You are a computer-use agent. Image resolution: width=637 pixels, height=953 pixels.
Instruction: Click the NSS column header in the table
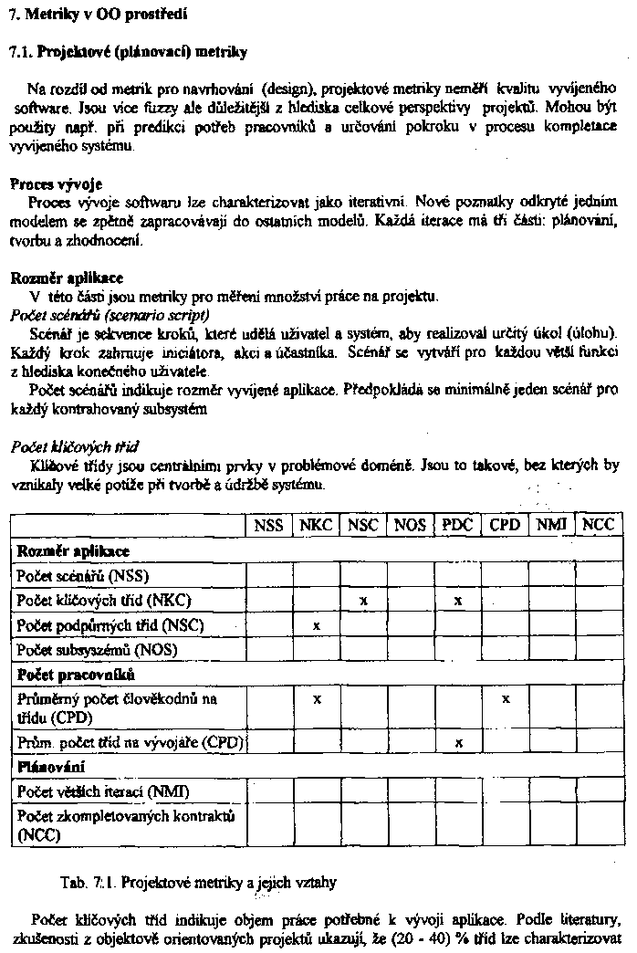[268, 526]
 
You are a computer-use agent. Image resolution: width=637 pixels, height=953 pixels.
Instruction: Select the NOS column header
[410, 526]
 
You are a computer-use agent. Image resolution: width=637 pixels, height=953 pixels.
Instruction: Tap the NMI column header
[551, 525]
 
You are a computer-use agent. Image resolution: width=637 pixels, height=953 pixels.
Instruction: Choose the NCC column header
[598, 525]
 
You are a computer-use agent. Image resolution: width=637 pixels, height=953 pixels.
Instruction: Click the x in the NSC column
[363, 601]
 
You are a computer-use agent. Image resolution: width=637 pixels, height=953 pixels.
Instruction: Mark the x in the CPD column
[505, 698]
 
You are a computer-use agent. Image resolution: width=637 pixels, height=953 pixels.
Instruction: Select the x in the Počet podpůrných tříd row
[316, 626]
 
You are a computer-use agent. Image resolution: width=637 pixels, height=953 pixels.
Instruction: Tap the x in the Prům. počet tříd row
[458, 743]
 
